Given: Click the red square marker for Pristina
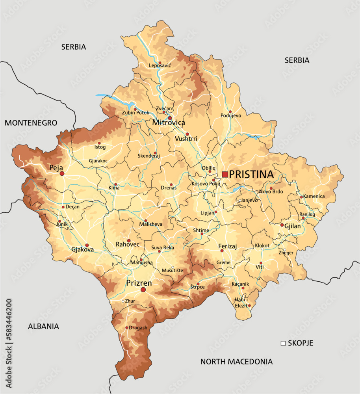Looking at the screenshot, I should click(225, 174).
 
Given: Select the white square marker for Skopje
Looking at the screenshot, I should click(283, 343).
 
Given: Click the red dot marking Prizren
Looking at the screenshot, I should click(143, 290).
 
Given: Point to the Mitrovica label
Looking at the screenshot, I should click(169, 123).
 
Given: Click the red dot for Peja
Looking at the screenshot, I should click(62, 173).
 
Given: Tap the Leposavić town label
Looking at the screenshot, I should click(160, 65).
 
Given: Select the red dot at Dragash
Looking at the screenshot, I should click(126, 327).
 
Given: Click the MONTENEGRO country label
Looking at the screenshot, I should click(31, 123).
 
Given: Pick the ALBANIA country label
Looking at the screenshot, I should click(43, 326).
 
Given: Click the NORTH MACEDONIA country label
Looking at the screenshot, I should click(236, 361).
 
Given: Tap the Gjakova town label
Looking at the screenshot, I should click(82, 250).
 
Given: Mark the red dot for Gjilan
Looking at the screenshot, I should click(282, 225).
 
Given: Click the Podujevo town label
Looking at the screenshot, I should click(230, 115).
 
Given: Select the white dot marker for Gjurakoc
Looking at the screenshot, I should click(96, 158).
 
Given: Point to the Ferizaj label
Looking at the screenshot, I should click(227, 247).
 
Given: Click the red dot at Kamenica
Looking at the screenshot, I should click(301, 197).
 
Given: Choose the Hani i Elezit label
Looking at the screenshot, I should click(241, 303).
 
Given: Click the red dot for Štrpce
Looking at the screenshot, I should click(198, 284).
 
